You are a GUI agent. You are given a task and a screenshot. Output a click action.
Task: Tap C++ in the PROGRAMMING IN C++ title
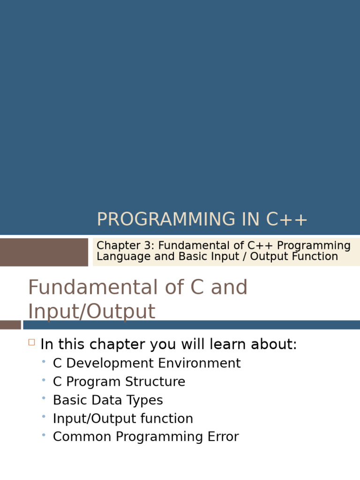tap(286, 219)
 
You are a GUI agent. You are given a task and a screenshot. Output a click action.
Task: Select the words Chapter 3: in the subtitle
tap(126, 246)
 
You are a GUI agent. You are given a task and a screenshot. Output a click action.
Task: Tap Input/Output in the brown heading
tap(92, 311)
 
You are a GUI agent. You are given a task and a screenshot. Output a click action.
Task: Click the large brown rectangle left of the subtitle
tap(44, 252)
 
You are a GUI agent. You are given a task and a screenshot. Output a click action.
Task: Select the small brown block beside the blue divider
tap(10, 325)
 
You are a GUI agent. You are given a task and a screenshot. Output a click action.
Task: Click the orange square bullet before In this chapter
tap(31, 342)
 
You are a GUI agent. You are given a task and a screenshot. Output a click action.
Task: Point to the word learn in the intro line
tap(228, 344)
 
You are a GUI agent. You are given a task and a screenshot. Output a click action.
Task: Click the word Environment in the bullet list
tap(199, 363)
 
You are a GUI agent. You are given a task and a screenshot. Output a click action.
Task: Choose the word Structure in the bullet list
tap(155, 382)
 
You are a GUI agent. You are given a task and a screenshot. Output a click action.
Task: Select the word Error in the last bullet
tap(223, 437)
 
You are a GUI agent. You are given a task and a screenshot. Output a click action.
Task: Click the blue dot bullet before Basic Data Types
tap(44, 398)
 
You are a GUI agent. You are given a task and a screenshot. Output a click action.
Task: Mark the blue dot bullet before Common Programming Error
tap(44, 435)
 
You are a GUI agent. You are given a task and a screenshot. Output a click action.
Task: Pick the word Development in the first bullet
tap(110, 363)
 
